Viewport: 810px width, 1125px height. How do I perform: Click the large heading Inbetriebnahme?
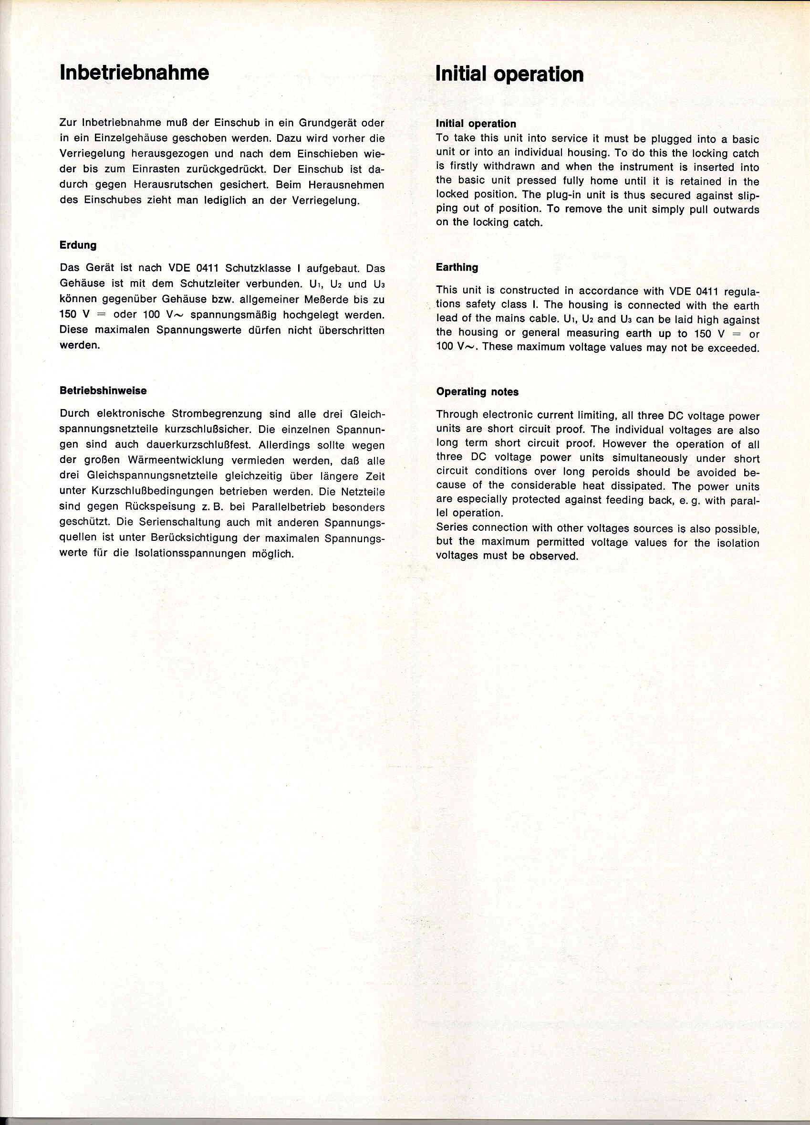(134, 73)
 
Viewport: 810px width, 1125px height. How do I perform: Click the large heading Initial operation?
(509, 74)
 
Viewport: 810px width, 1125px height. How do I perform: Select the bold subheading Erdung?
(78, 245)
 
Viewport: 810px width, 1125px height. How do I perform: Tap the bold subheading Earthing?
(457, 267)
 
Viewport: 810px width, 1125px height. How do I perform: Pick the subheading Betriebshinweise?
(103, 390)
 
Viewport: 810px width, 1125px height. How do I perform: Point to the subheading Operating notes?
(477, 392)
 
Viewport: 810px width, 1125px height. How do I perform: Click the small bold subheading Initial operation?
(476, 124)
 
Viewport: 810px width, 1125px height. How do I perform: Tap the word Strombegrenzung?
(217, 414)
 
